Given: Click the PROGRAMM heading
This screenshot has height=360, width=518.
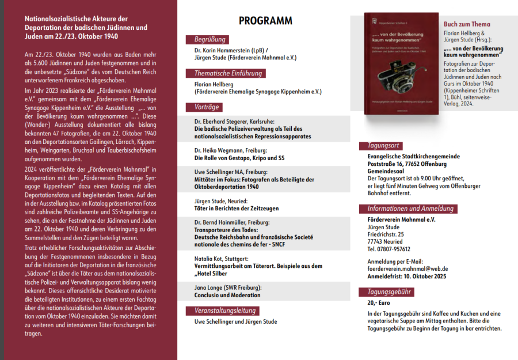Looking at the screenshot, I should tap(265, 21).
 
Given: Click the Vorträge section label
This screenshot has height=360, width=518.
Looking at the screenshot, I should tap(205, 107).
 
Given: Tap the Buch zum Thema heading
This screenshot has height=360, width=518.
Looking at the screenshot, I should tap(467, 24).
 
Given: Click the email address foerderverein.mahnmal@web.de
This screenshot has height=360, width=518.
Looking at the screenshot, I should tap(407, 268).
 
